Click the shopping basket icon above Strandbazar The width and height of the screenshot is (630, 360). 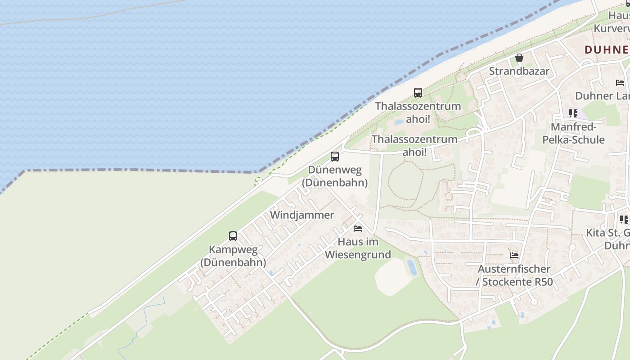(519, 58)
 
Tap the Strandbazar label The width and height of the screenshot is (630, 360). (519, 71)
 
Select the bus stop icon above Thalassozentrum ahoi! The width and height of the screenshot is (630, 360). (418, 93)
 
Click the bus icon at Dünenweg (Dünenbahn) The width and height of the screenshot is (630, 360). (335, 157)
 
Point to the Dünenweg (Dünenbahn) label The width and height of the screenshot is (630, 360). (334, 176)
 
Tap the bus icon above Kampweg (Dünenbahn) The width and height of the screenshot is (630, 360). (233, 236)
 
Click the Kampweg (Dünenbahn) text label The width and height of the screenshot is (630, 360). (233, 256)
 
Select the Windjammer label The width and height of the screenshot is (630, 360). (302, 215)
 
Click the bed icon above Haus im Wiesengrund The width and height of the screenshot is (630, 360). (358, 229)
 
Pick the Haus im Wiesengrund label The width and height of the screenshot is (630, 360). (358, 248)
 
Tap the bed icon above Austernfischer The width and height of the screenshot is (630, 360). (514, 256)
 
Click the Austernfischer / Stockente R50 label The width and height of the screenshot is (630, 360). (514, 275)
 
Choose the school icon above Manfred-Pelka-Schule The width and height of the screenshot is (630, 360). (573, 113)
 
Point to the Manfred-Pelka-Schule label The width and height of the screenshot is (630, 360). (573, 133)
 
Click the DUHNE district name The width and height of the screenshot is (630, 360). (607, 49)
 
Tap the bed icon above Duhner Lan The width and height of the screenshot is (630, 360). (620, 83)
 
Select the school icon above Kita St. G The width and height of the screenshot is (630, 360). (624, 220)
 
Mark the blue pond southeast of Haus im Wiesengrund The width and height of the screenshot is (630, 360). (411, 267)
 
